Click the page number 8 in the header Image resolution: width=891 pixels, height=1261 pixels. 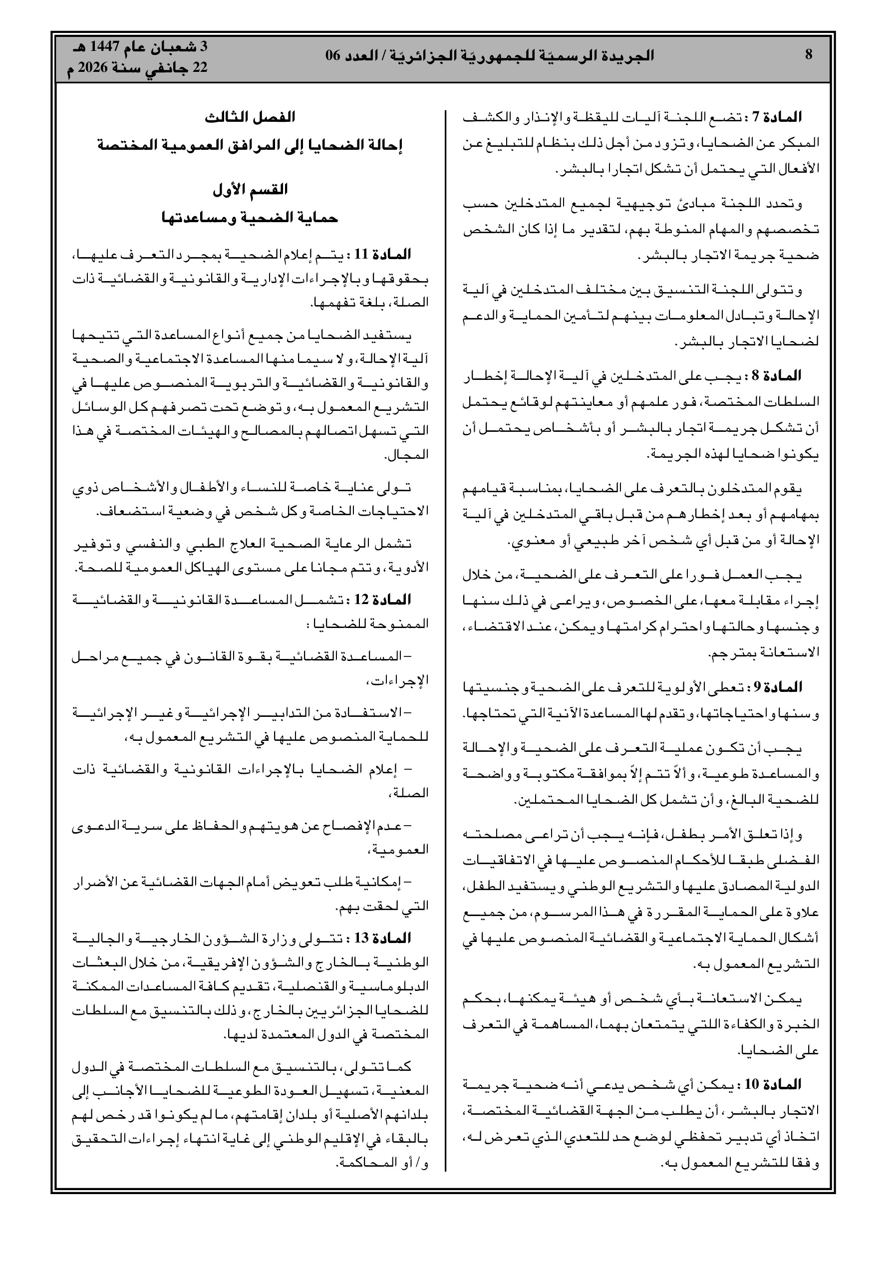click(808, 55)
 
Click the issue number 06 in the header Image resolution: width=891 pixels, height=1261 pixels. click(333, 55)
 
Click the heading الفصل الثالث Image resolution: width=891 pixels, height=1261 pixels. click(250, 117)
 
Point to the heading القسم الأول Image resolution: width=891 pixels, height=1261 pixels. click(250, 190)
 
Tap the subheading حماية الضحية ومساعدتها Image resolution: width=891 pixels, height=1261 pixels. click(250, 218)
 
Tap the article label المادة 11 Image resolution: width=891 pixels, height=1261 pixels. click(383, 255)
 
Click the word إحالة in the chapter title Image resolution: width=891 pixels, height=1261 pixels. click(387, 145)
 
